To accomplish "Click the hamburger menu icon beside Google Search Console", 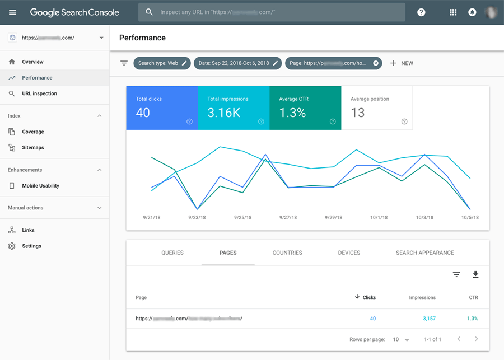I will pos(13,12).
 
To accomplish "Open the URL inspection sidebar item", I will pos(39,93).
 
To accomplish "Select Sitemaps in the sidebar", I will pos(32,148).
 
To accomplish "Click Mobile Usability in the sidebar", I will pos(40,186).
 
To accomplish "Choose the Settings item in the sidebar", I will pos(31,246).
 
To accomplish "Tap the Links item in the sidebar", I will pos(28,230).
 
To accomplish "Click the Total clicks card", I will pos(162,108).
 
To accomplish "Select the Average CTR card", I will pos(305,108).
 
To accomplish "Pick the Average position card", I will pos(377,108).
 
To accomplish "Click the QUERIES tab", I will pos(172,253).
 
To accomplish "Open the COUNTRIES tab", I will pos(287,253).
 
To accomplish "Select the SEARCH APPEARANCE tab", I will pos(424,253).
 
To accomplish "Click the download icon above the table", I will pos(475,274).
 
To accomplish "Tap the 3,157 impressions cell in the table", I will pos(428,319).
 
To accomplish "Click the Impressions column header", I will pos(422,298).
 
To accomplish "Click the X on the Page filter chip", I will pos(376,63).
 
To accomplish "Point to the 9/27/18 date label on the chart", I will pos(288,217).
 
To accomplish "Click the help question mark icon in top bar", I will pos(421,12).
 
